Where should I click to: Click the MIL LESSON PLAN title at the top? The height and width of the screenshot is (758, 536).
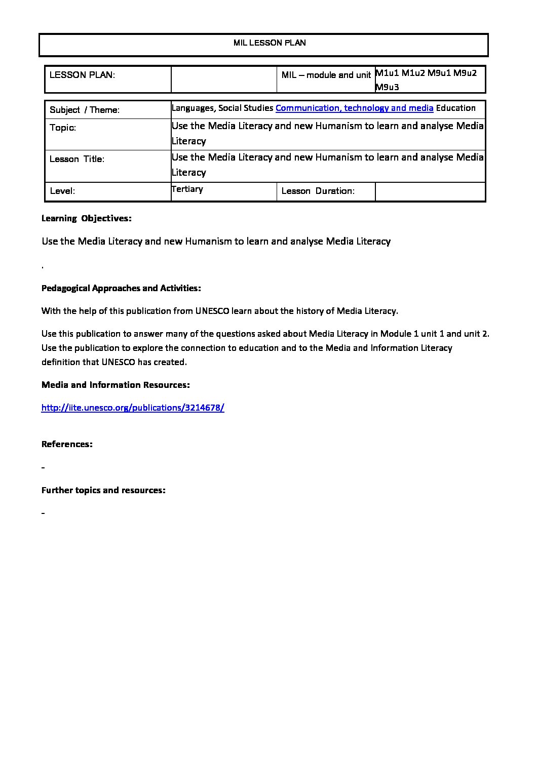coord(270,43)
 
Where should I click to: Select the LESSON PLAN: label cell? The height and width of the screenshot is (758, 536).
coord(82,75)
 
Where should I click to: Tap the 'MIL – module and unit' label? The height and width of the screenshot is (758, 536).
coord(326,75)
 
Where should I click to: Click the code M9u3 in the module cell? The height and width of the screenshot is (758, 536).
coord(387,87)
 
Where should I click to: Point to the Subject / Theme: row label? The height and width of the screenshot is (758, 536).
coord(85,110)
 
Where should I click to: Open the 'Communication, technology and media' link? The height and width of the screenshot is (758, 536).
coord(354,108)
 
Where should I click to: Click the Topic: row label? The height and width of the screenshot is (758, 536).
coord(63,128)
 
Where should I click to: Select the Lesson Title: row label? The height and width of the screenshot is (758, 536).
coord(77,159)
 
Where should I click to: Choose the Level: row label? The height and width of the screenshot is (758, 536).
coord(62,191)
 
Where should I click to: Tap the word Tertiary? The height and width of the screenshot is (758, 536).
coord(187,189)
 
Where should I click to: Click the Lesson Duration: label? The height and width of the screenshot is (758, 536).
coord(318,191)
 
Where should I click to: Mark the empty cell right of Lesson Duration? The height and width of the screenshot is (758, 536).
coord(430,191)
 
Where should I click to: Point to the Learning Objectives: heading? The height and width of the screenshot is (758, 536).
coord(86,219)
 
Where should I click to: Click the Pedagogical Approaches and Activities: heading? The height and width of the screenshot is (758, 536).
coord(121,288)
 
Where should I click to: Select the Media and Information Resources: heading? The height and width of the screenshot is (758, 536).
coord(116,385)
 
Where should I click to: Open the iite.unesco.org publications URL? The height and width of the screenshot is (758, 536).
coord(133,408)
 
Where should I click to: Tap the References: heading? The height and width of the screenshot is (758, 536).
coord(67,444)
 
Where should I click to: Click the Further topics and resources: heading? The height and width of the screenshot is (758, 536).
coord(103,490)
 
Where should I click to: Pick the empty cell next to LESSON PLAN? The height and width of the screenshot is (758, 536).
coord(224,79)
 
